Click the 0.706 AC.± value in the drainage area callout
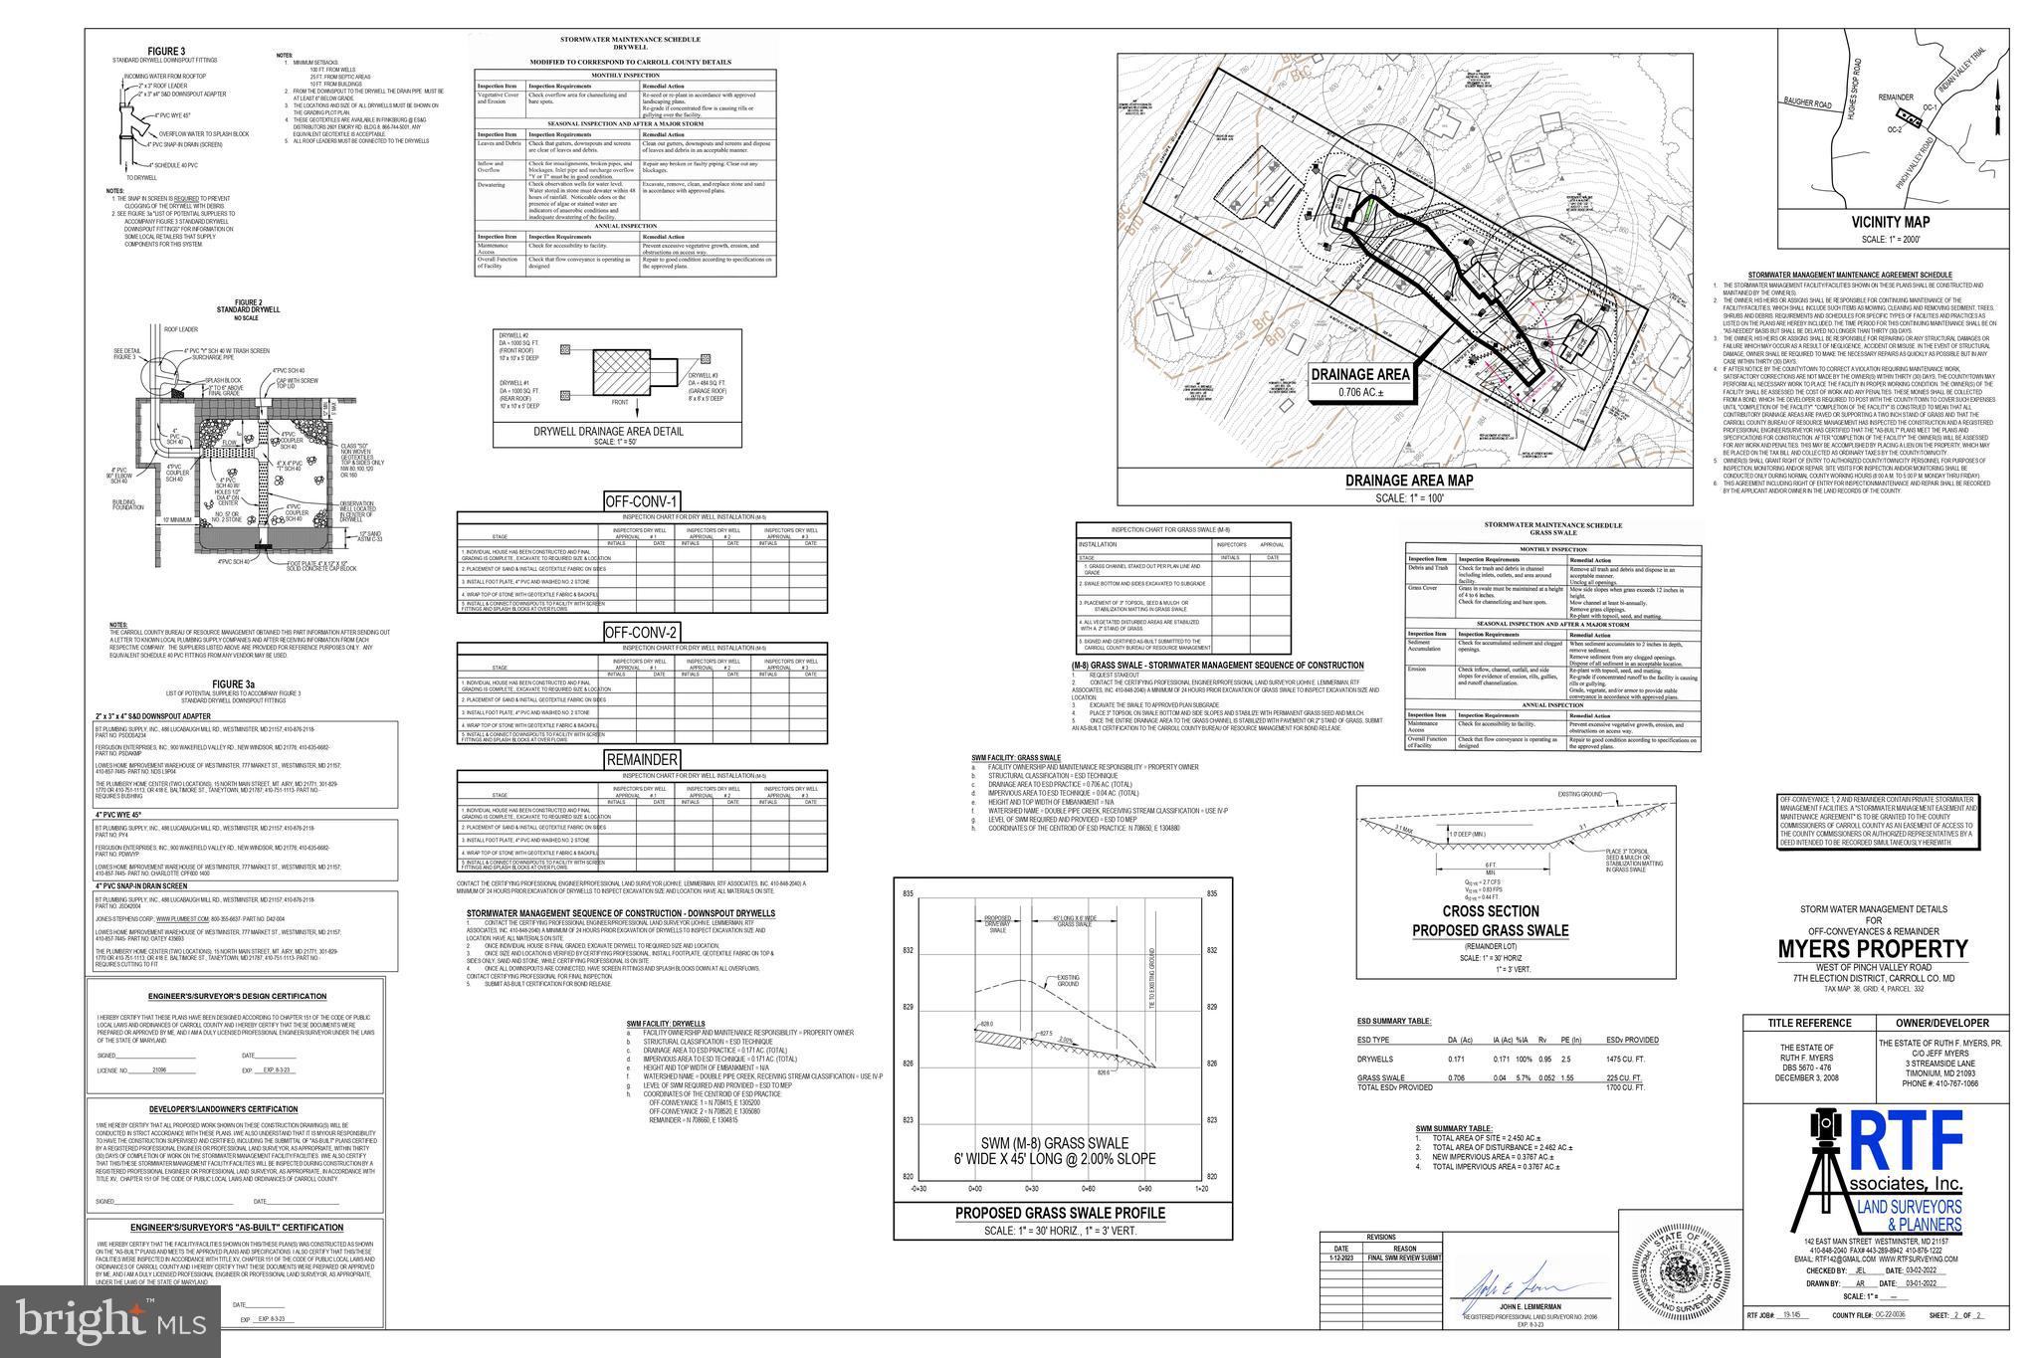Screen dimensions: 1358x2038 click(x=1360, y=392)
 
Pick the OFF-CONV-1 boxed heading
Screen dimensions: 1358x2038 click(x=642, y=501)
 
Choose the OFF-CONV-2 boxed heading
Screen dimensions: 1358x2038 click(x=642, y=632)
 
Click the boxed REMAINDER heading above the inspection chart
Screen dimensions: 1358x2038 click(x=642, y=760)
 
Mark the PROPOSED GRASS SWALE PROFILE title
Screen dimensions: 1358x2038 click(x=1060, y=1214)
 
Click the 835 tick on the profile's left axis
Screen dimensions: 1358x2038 click(x=908, y=894)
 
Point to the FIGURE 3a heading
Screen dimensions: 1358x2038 click(x=235, y=684)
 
